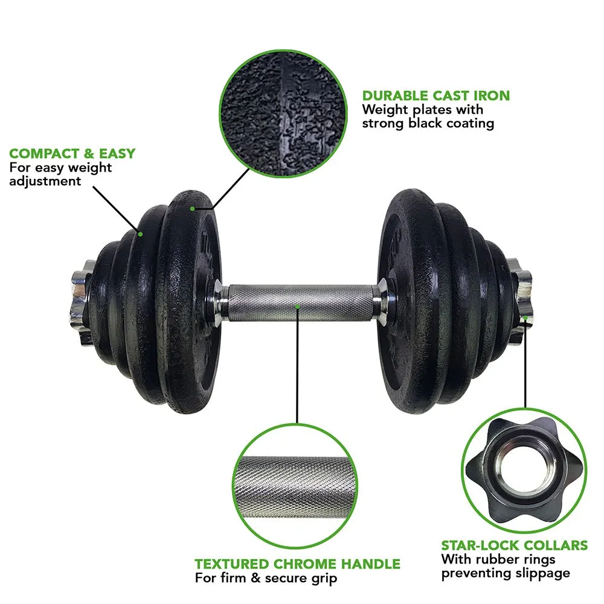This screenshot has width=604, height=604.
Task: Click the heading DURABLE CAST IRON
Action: click(x=436, y=95)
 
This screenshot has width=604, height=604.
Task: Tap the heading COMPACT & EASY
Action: click(x=72, y=153)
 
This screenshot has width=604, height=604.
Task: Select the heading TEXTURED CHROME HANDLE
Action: click(x=297, y=564)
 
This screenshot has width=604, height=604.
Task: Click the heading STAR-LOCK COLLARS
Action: click(x=515, y=545)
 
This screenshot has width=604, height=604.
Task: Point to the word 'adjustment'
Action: click(x=45, y=181)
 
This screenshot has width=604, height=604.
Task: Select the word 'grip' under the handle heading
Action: click(x=324, y=578)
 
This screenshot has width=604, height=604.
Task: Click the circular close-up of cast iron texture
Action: click(x=283, y=114)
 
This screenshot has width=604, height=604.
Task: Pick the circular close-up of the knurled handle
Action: click(x=295, y=486)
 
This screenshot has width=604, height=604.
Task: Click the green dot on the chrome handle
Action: click(x=297, y=307)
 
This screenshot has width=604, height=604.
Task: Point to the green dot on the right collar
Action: click(x=525, y=318)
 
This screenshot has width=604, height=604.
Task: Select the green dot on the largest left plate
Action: click(x=192, y=209)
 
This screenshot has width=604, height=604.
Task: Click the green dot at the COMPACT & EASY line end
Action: click(x=141, y=234)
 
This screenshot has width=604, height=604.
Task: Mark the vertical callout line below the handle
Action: click(x=297, y=366)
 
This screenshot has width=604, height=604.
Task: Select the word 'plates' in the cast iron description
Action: click(x=432, y=110)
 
